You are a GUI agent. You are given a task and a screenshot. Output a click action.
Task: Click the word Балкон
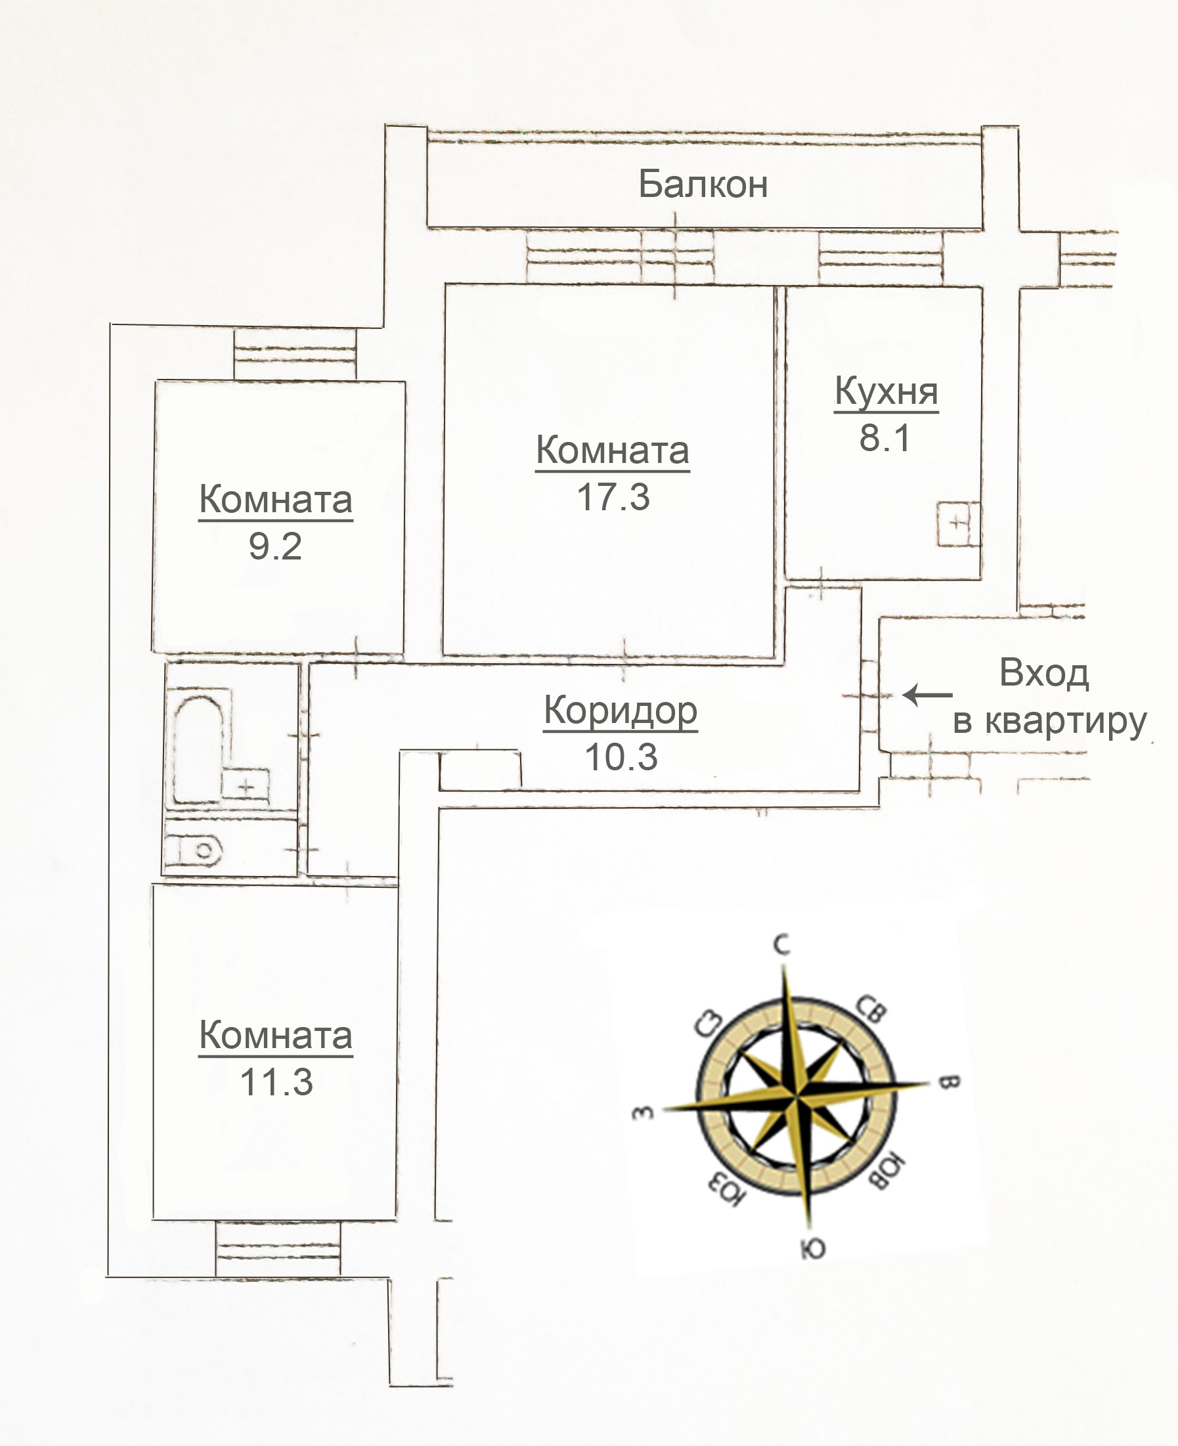[703, 184]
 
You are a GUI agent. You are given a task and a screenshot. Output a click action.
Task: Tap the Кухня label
[886, 391]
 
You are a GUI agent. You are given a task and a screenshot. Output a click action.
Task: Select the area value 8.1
[884, 437]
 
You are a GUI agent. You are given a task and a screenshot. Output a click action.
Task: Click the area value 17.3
[613, 496]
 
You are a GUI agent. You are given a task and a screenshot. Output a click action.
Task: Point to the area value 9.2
[275, 546]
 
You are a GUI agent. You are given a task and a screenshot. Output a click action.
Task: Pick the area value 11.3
[276, 1082]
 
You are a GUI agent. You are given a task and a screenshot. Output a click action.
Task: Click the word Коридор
[621, 711]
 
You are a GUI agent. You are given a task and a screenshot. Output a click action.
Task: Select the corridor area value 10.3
[621, 757]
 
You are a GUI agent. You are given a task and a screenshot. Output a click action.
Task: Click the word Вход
[1043, 673]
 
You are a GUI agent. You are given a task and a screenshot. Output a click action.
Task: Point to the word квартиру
[1065, 721]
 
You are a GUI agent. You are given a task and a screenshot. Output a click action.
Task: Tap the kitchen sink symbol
[957, 523]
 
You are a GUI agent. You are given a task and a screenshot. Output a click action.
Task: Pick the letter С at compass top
[783, 944]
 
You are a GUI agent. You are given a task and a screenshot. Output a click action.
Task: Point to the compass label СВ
[871, 1009]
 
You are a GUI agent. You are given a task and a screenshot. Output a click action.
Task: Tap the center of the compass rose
[796, 1094]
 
